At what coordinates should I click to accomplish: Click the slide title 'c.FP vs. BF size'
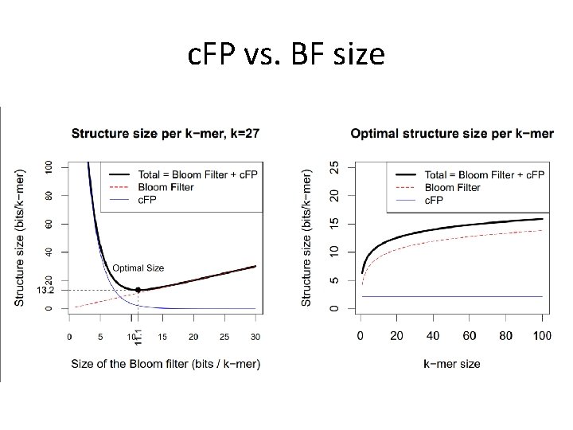(x=286, y=55)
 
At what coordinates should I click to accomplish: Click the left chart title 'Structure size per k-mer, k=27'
(x=165, y=133)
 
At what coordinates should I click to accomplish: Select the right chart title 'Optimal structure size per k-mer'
(x=452, y=133)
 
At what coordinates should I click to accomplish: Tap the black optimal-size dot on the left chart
(x=138, y=290)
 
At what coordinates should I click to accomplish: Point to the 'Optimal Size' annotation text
(x=138, y=268)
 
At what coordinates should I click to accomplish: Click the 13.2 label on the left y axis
(x=45, y=291)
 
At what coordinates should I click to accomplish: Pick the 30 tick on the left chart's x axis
(x=255, y=336)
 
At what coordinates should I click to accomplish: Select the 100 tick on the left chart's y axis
(x=49, y=166)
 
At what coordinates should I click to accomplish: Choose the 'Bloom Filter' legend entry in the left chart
(x=176, y=187)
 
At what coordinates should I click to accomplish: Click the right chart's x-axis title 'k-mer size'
(x=452, y=364)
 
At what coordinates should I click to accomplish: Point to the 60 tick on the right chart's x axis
(x=470, y=336)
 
